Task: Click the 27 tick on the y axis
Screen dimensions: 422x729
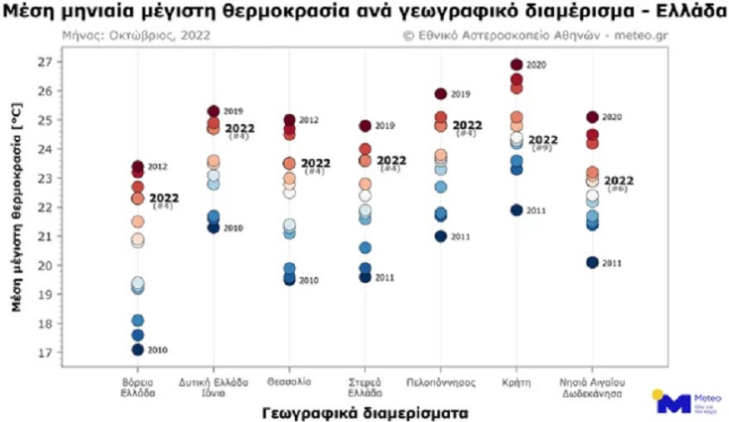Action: (45, 62)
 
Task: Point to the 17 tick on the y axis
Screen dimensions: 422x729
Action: (45, 353)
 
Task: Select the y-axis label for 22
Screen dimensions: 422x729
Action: (45, 208)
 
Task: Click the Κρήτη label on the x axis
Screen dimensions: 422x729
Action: (515, 381)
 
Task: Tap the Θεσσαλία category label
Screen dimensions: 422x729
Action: (289, 381)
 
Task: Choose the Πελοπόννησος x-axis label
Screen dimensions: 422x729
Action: (440, 381)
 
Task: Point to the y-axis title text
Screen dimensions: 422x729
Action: (18, 208)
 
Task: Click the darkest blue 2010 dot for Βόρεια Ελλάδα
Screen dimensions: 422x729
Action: (138, 350)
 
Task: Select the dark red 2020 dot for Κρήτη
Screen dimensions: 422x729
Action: (516, 66)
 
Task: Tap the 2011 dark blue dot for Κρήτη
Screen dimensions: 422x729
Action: (516, 210)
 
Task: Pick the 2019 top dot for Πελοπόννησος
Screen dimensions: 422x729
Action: (440, 94)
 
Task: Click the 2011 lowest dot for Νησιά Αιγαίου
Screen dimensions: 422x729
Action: (592, 262)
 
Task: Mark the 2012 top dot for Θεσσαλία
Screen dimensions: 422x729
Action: (289, 120)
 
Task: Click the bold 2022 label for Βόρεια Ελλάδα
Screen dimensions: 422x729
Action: (164, 198)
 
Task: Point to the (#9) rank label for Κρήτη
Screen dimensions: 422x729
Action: (542, 148)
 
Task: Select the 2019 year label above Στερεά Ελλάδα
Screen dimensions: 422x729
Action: (385, 126)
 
